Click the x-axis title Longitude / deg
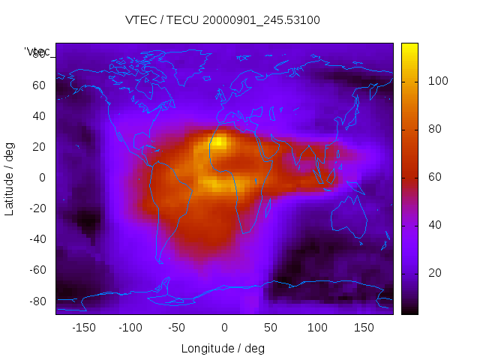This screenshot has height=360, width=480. point(223,349)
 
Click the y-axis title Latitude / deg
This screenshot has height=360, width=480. point(10,178)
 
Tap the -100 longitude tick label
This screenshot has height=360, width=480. point(130,328)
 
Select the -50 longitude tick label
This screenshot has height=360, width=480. point(177,328)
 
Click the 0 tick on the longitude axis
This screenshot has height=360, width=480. point(223,328)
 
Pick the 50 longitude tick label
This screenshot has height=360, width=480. point(271,328)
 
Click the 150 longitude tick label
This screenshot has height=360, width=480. point(364,328)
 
